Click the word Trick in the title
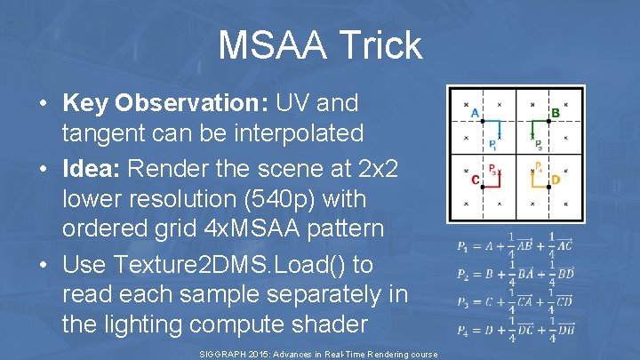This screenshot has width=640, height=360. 380,45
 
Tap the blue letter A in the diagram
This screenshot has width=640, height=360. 474,114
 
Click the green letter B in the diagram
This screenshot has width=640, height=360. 556,114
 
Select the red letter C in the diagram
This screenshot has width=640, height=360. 475,180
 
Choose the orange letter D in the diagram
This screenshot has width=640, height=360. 556,180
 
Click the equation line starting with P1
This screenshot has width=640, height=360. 516,246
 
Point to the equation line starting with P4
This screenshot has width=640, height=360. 516,331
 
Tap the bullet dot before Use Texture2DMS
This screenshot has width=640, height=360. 44,265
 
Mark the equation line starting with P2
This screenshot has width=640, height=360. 516,275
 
